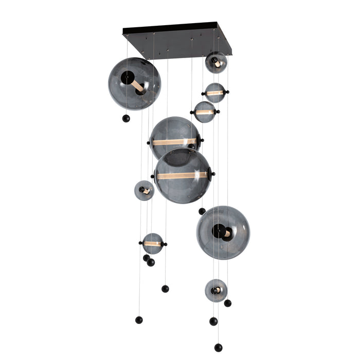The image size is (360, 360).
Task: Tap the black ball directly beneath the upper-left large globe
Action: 125,119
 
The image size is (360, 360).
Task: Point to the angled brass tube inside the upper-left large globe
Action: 137,85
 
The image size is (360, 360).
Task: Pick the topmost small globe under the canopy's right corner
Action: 216,63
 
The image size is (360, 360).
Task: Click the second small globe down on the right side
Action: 215,93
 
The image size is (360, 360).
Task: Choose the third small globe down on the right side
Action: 205,112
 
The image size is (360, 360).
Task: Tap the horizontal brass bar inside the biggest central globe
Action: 183,175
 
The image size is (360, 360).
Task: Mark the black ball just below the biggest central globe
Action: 202,211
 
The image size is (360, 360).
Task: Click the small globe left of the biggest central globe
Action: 144,190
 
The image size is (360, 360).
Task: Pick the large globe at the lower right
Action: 223,232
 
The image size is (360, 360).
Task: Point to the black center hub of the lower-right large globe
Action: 218,231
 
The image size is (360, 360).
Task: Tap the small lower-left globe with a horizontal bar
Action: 153,243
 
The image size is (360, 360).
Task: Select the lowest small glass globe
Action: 216,290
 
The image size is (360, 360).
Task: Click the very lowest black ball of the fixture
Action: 218,348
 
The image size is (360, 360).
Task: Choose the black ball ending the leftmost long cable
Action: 139,320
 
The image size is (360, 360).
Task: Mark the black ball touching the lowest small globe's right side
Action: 227,303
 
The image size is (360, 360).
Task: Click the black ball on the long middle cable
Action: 165,289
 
